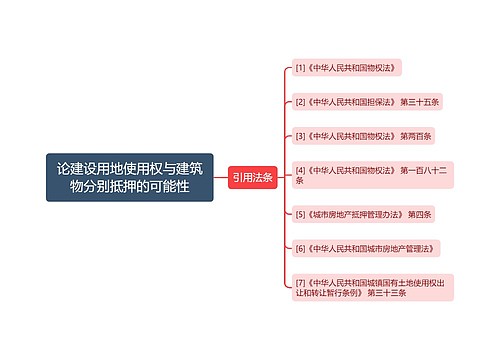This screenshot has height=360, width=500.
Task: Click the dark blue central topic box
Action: coord(129,177)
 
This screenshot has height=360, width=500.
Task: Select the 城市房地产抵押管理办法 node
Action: coord(364,214)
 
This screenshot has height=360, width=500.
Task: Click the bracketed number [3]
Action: coord(300,135)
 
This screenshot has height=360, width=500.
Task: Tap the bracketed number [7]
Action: coord(300,281)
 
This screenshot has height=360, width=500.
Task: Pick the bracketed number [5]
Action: coord(300,214)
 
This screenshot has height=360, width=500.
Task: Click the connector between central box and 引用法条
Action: coord(221,178)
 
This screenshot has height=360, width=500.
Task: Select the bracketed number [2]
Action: coord(300,102)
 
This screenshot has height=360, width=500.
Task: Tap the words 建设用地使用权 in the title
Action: coord(116,167)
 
